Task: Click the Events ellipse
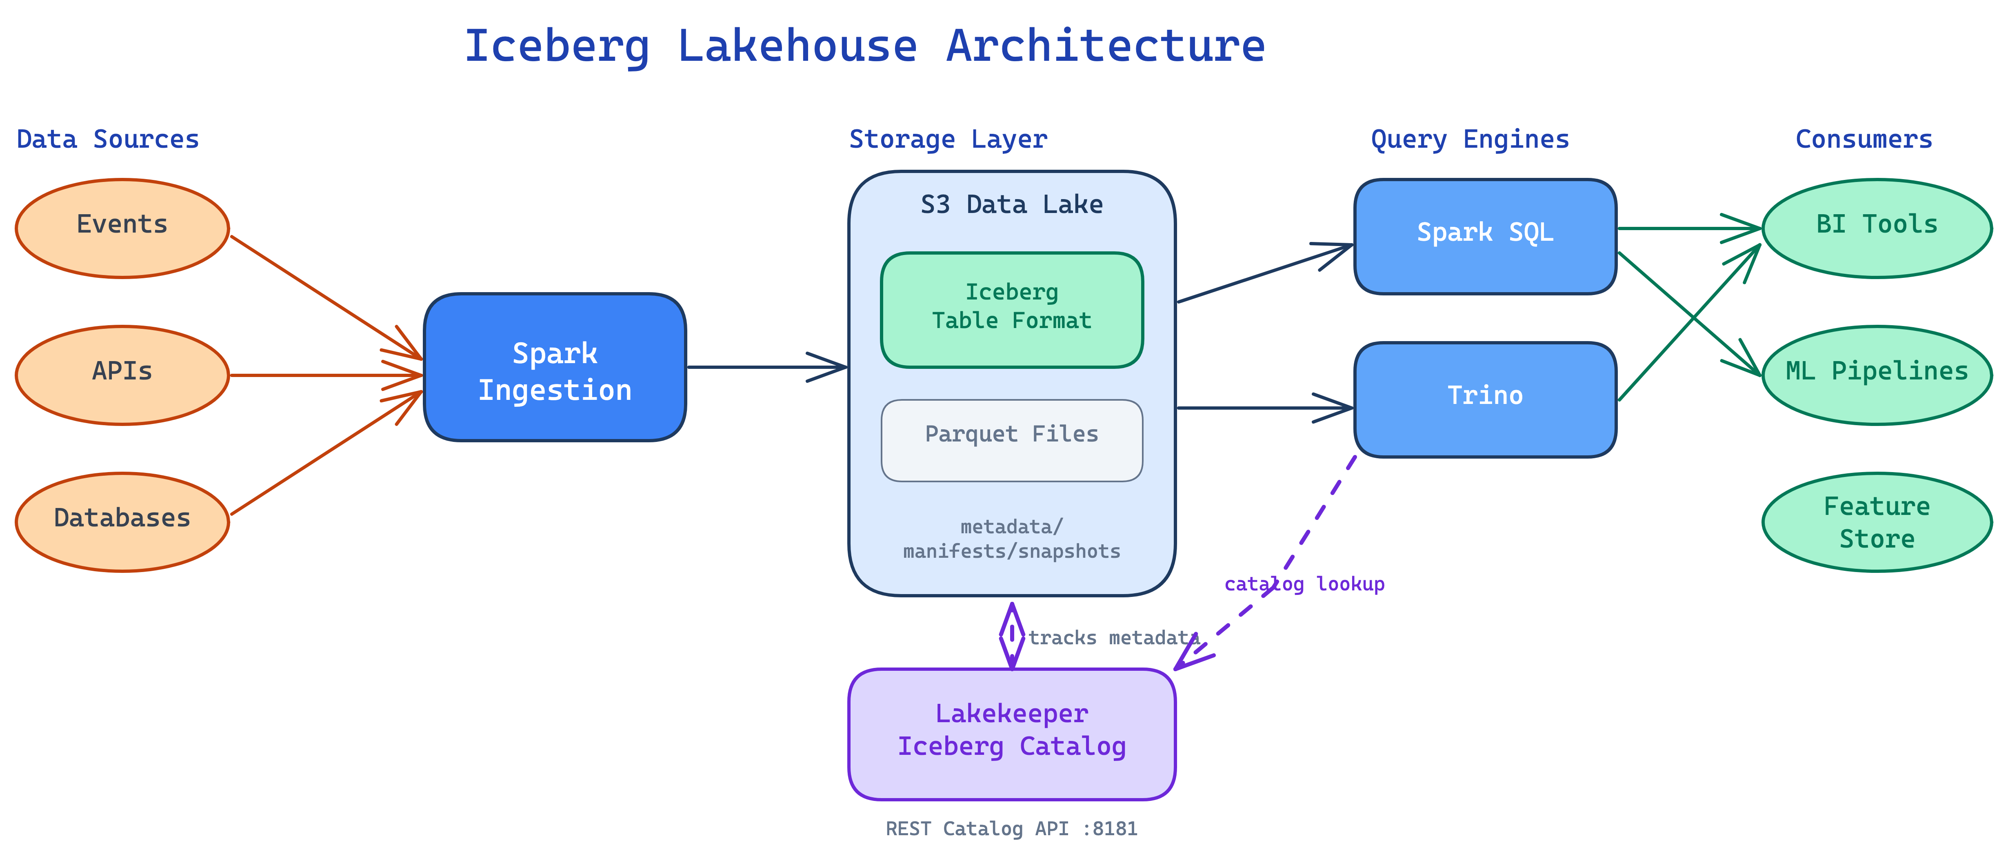tap(122, 228)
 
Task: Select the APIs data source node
tap(122, 375)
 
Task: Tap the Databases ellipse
tap(122, 522)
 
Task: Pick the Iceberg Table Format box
tap(1012, 309)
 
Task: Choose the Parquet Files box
tap(1012, 440)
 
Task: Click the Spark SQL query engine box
tap(1485, 236)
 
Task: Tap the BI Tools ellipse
tap(1877, 228)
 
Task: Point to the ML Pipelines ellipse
tap(1877, 375)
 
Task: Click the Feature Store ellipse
tap(1877, 522)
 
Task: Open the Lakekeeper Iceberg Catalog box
tap(1012, 734)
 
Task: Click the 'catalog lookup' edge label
tap(1304, 584)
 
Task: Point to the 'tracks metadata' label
tap(1113, 637)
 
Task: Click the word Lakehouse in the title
tap(797, 45)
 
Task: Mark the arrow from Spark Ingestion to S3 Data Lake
tap(767, 367)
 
